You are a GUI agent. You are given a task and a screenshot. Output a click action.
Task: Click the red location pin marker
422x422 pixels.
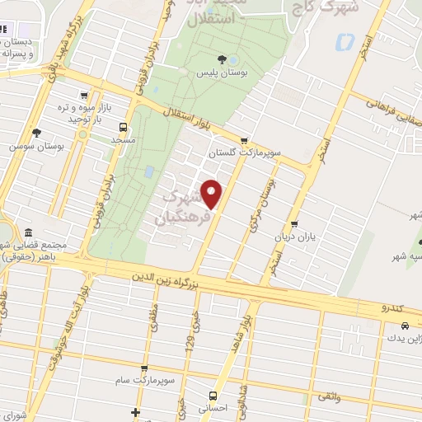click(x=213, y=195)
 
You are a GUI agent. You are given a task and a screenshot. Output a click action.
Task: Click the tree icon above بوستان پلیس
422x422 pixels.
click(x=223, y=59)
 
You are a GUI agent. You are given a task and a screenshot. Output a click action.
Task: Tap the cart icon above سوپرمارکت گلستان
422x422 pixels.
click(x=243, y=139)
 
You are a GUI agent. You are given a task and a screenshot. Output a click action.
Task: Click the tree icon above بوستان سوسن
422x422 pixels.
click(x=35, y=132)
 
